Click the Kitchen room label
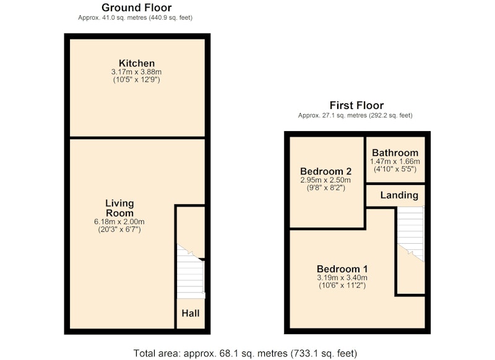pos(137,63)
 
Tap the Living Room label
pos(119,208)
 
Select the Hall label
pos(191,314)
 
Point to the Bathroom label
pos(395,153)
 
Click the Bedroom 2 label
pos(326,171)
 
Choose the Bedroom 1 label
pos(342,269)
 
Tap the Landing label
pos(399,195)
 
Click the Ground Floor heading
pos(136,7)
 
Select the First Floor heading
pos(357,105)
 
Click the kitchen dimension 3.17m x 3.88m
pos(136,72)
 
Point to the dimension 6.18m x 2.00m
pos(119,222)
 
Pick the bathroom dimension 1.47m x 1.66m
pos(395,161)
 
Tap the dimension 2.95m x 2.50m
pos(325,180)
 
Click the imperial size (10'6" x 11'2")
pos(342,286)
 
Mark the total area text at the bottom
pos(245,353)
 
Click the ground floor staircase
pos(191,272)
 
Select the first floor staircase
pos(410,234)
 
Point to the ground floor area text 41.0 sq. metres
pos(125,18)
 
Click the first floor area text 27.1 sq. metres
pos(345,116)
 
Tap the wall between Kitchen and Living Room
pos(137,137)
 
